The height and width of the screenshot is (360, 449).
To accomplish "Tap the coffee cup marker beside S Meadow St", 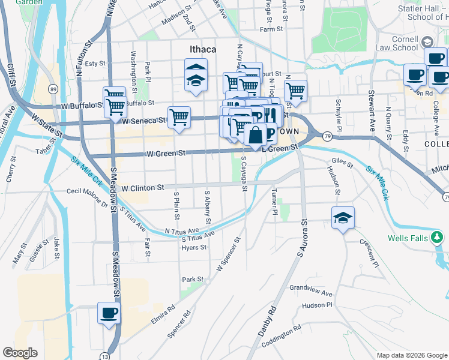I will coord(109,313).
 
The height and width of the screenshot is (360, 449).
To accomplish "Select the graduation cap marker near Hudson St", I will coord(343,218).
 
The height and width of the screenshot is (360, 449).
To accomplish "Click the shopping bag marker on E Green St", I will coord(255,136).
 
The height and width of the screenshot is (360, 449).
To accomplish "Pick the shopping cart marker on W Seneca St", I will coord(179,118).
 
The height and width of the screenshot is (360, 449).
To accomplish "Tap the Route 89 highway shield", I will coord(53,89).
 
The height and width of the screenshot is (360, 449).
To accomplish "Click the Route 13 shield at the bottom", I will coord(106,355).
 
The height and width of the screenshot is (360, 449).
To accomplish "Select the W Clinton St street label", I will coord(143,188).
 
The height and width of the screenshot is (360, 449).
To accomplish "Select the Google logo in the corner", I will coord(20,353).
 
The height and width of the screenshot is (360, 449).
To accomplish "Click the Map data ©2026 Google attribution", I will coord(411,355).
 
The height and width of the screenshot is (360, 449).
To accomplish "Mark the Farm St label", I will coord(271,29).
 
